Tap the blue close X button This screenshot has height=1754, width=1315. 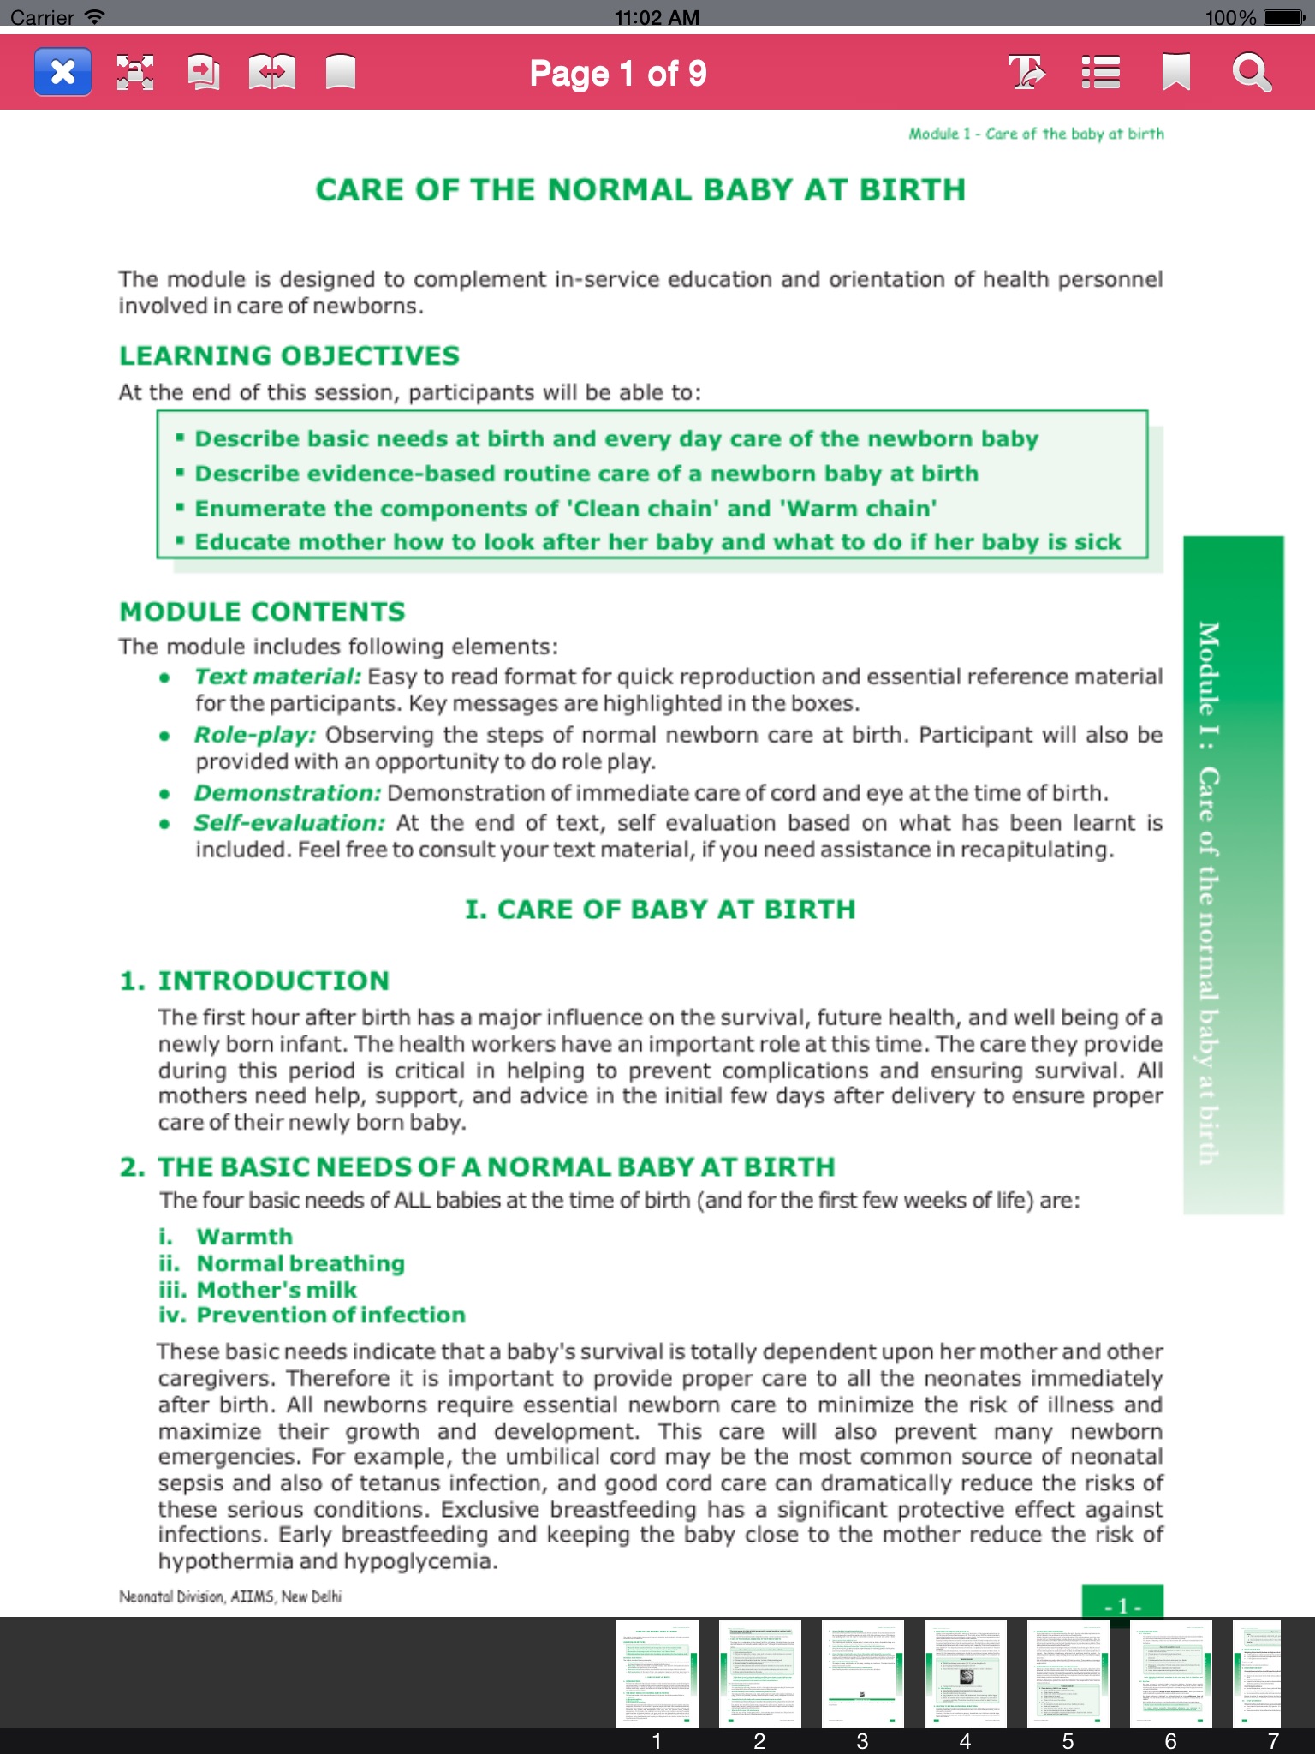[62, 72]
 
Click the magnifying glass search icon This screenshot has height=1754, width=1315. [1252, 72]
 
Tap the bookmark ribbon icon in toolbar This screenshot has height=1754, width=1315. [1175, 72]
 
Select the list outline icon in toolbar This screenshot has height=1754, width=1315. [1100, 72]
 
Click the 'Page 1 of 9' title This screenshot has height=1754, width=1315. [617, 74]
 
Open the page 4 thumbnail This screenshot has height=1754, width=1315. [965, 1673]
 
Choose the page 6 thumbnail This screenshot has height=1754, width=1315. [1170, 1673]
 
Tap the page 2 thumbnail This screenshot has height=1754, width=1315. [759, 1673]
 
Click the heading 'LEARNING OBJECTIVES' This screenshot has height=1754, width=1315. [289, 355]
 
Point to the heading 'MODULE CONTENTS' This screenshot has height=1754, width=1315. [262, 612]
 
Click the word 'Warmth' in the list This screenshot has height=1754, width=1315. [245, 1237]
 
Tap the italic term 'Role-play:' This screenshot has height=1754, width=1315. [255, 735]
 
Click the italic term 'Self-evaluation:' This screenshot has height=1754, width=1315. [289, 823]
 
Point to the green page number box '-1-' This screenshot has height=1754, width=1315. [1122, 1603]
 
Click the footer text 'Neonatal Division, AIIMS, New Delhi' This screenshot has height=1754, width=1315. [230, 1596]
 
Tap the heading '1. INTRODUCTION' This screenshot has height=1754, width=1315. [254, 981]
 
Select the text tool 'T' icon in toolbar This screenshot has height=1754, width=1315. [1026, 72]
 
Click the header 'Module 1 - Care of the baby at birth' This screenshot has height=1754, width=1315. [1036, 134]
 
